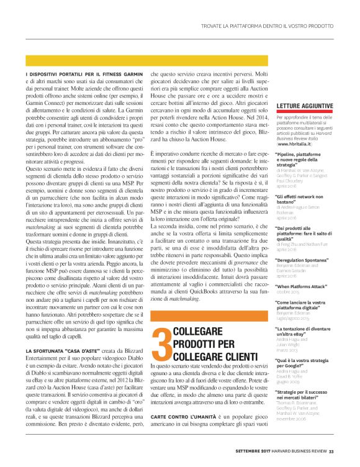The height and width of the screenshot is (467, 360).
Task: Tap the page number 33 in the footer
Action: (x=331, y=451)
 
